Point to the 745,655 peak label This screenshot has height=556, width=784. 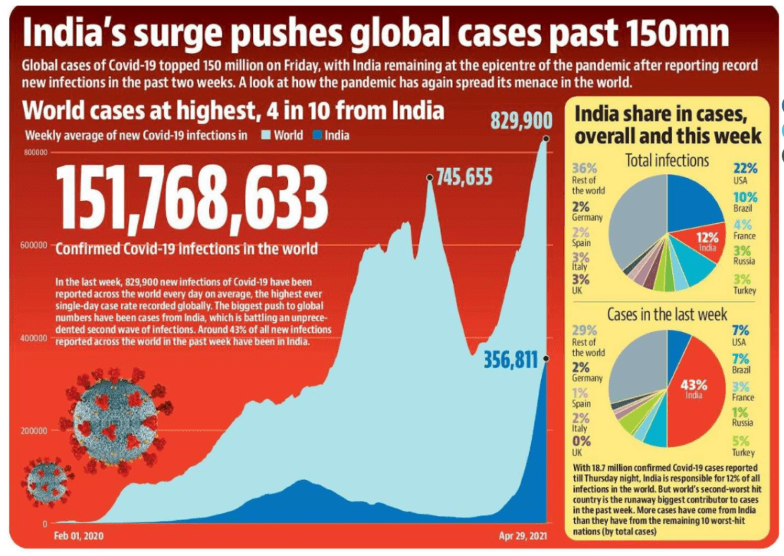tap(464, 178)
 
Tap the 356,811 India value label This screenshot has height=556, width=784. tap(511, 360)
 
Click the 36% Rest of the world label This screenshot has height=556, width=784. tap(588, 178)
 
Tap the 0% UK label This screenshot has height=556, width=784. tap(582, 447)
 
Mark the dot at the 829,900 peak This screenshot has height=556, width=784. tap(546, 139)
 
